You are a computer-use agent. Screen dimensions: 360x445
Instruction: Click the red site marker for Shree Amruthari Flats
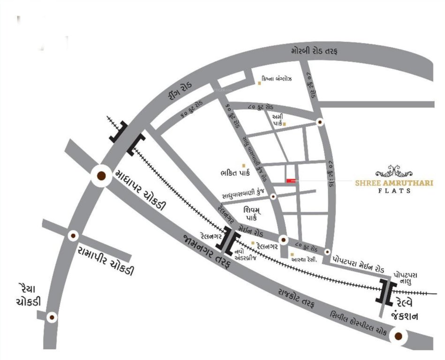pos(291,180)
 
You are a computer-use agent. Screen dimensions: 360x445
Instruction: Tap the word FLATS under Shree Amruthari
pos(395,191)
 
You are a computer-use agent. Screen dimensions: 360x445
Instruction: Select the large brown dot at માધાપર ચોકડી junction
pos(101,176)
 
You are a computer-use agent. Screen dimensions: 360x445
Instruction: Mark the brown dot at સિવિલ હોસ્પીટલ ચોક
pos(399,336)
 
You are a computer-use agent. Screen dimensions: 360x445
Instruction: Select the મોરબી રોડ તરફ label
pos(314,51)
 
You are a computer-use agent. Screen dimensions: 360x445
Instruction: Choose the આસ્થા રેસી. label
pos(307,258)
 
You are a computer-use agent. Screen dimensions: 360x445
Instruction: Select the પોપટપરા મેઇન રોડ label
pos(358,260)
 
